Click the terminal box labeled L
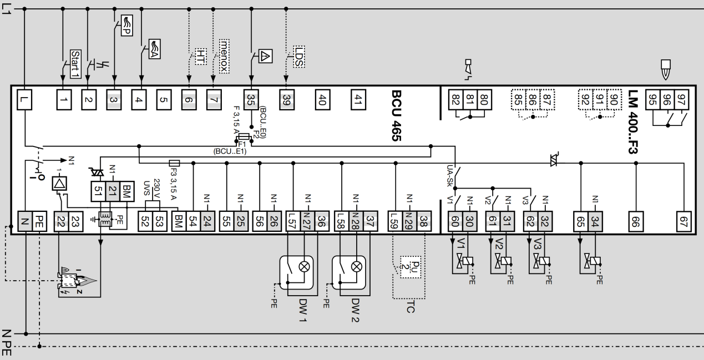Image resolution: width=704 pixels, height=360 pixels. pyautogui.click(x=26, y=100)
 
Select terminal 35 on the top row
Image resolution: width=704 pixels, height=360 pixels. pyautogui.click(x=251, y=100)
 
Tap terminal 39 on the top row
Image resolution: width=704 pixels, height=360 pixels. pyautogui.click(x=286, y=100)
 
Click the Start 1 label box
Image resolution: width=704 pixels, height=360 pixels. pyautogui.click(x=75, y=60)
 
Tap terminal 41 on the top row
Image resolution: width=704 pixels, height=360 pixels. pyautogui.click(x=357, y=100)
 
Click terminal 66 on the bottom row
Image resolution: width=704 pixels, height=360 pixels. pyautogui.click(x=636, y=222)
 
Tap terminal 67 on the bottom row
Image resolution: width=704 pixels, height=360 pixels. pyautogui.click(x=683, y=222)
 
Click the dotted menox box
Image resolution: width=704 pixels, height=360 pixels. pyautogui.click(x=224, y=52)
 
